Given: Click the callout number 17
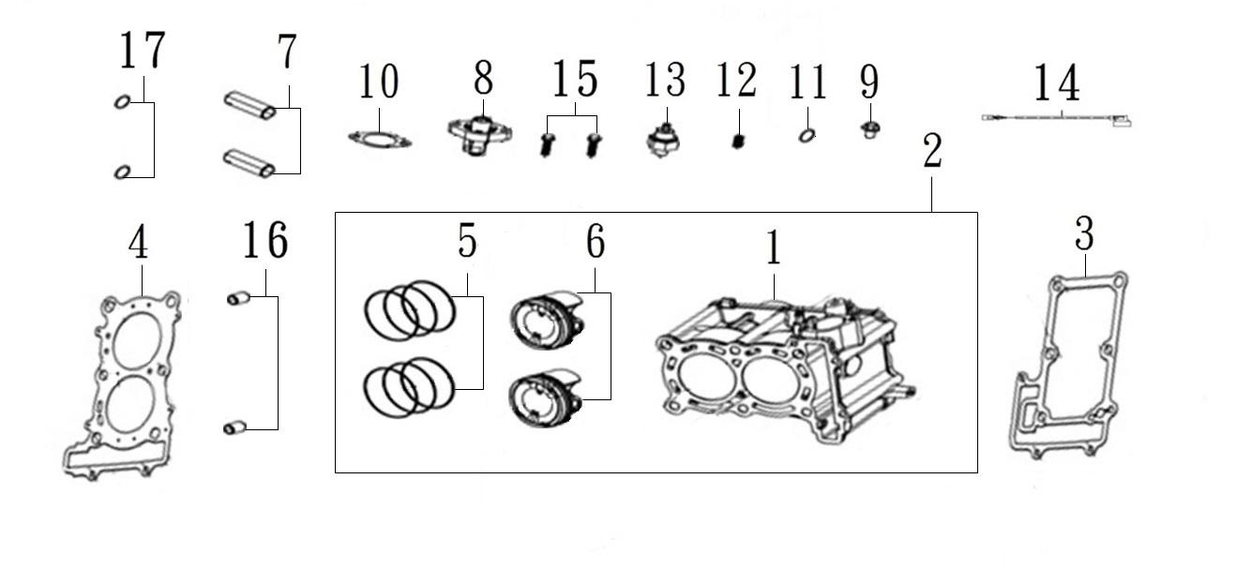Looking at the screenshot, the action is coord(143,51).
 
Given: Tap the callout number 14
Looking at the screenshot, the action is coord(1056,82).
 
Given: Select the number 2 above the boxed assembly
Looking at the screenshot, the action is coord(932,151).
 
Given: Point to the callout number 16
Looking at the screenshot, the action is coord(265,240).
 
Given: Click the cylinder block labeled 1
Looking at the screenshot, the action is coord(784,369).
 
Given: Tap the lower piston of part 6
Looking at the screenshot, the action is coord(546,401).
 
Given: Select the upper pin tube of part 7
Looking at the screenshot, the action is coord(250,106).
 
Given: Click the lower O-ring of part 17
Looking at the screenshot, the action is coord(123,172).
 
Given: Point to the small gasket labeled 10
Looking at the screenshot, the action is coord(380,140).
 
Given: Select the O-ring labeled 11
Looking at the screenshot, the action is coord(807,136).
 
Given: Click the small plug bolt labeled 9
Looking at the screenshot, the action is coord(870,130).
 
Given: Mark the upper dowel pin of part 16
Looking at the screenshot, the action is coord(238,299).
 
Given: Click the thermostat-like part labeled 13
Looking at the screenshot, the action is coord(664,141).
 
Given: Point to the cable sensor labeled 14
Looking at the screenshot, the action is coord(1056,118).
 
